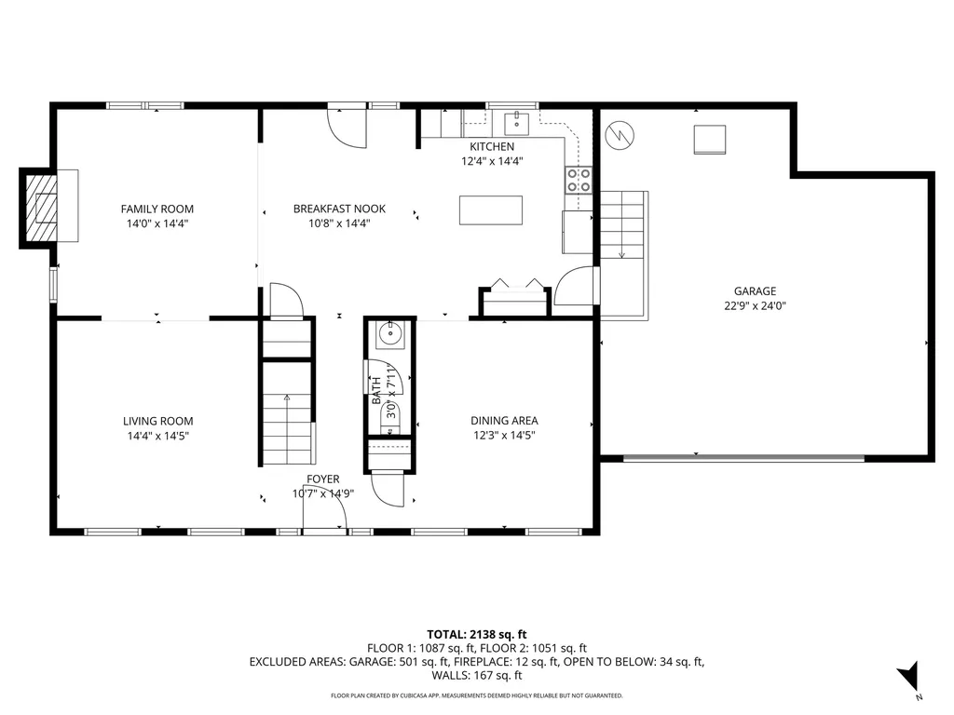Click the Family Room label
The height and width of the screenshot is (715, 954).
point(157,209)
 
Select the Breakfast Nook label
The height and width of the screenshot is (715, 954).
point(339,209)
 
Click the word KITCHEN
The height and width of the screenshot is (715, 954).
point(491,147)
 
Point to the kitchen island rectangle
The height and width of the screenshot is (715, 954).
point(490,209)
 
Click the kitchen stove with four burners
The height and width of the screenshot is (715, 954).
point(579,181)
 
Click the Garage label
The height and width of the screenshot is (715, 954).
point(755,291)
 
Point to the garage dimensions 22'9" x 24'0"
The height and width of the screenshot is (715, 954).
point(755,305)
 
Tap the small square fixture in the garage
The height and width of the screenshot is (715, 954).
point(710,139)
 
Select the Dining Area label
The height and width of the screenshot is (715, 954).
point(504,421)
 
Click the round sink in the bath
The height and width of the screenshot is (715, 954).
point(390,334)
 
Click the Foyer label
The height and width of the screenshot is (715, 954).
point(322,479)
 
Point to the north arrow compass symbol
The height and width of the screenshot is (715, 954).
point(907,678)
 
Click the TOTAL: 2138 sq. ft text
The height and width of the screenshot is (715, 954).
point(476,635)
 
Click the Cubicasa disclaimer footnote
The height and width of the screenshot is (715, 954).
point(476,695)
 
